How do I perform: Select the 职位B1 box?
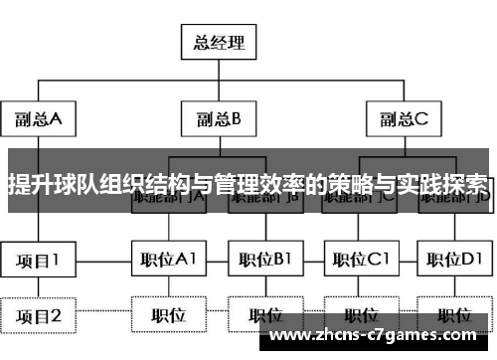point(263,262)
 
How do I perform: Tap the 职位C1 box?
point(360,262)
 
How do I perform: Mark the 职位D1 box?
point(454,262)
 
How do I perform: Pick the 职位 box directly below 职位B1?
point(263,315)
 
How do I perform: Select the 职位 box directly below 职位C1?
point(360,315)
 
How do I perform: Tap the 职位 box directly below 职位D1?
point(454,315)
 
